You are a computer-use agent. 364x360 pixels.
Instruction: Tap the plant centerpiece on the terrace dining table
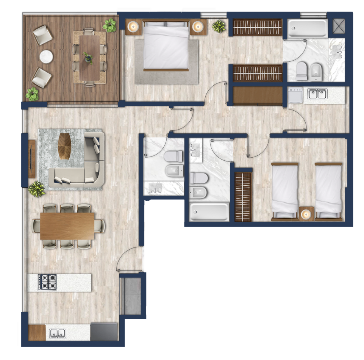coord(89,58)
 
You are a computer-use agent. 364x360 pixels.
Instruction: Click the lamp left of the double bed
coord(133,27)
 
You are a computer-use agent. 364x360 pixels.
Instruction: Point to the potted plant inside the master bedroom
coord(219,26)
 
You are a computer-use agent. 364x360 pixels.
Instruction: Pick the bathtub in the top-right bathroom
coord(307,29)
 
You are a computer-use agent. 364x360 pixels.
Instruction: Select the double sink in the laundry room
coord(317,94)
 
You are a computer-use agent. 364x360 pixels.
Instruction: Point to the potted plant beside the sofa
coord(37,188)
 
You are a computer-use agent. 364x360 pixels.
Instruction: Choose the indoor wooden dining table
coord(67,226)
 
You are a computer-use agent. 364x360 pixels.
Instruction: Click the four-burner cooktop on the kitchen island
coord(47,282)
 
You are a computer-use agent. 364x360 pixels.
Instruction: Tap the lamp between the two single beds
coord(306,214)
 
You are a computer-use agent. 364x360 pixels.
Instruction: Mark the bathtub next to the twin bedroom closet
coord(209,211)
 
